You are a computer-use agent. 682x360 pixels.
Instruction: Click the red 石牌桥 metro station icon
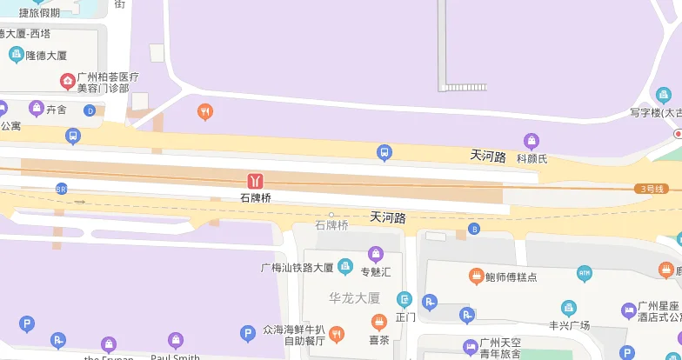[x=256, y=180]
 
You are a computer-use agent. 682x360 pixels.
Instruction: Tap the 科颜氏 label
[x=532, y=158]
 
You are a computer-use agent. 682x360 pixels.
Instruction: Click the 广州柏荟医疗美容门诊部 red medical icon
[x=67, y=82]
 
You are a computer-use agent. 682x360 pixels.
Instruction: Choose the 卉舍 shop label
[x=57, y=110]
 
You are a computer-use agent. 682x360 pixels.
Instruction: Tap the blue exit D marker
[x=90, y=110]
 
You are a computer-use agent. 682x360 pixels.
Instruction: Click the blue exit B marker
[x=474, y=229]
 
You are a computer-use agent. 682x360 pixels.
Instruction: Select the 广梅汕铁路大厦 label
[x=298, y=267]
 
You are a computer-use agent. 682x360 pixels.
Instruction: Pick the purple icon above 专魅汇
[x=376, y=254]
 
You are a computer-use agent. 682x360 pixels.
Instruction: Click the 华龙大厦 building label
[x=354, y=297]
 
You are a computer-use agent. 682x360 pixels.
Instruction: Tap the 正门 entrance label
[x=405, y=317]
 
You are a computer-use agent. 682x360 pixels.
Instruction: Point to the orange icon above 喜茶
[x=378, y=322]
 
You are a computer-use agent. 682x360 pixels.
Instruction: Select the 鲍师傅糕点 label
[x=512, y=277]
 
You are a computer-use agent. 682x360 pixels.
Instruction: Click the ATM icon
[x=585, y=274]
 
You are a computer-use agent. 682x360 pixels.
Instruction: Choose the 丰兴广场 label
[x=569, y=325]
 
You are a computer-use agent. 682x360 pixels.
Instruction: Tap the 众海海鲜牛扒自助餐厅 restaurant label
[x=293, y=335]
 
